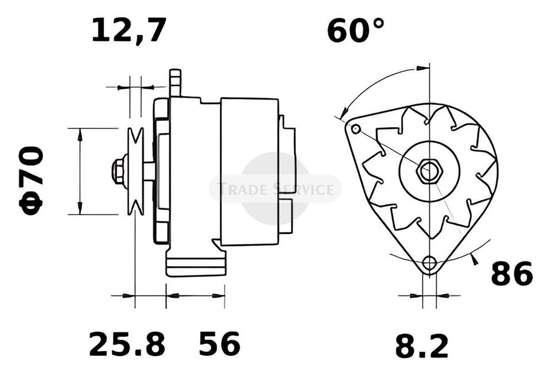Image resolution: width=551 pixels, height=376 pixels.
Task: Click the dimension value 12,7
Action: coord(129,30)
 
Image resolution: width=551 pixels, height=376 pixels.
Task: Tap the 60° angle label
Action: coord(356,31)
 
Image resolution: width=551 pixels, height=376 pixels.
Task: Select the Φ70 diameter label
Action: coord(31,180)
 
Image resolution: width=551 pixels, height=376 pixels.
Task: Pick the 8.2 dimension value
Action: coord(422,347)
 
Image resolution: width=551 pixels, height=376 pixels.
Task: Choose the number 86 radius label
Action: coord(511,273)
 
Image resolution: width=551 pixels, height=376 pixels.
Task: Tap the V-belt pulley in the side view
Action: coord(135,171)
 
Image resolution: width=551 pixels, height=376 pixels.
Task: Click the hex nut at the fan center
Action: coord(429,171)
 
